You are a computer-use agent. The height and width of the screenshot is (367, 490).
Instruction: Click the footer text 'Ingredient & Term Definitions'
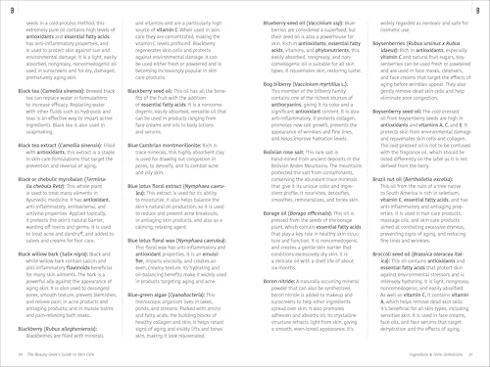pyautogui.click(x=422, y=357)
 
